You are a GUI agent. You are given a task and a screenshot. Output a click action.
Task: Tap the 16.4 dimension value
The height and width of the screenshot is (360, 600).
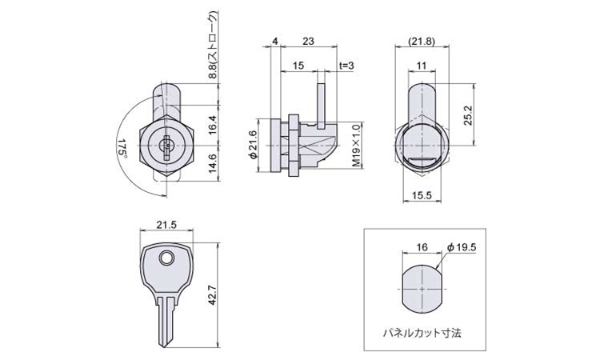pos(213,125)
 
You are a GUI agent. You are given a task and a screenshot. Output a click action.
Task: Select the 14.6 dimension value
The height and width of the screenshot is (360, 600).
pos(213,164)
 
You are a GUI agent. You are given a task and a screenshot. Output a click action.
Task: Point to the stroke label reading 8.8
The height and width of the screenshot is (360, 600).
pos(213,70)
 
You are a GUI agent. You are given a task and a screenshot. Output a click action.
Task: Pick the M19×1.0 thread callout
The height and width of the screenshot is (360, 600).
pos(356,146)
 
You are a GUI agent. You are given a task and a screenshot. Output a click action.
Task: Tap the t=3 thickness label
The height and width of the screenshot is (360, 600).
pos(346,66)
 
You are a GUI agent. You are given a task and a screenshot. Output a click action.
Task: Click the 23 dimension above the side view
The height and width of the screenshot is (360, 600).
pos(308,41)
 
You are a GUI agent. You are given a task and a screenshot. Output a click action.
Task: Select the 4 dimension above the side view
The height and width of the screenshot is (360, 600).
pos(275,41)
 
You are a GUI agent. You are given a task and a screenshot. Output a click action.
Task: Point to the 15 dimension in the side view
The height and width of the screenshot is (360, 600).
pos(298,66)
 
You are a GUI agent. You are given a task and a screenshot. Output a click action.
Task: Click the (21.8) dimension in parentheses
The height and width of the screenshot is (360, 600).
pos(422,42)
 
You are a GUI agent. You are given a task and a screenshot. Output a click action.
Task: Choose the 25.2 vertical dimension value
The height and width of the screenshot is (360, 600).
pos(468,115)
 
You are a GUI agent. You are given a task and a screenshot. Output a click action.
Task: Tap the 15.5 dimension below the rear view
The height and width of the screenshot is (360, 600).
pos(422,195)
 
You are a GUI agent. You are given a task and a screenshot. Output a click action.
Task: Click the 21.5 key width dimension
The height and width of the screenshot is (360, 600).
pos(166,225)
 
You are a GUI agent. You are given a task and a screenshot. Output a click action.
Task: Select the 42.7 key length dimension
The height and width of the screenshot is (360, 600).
pos(213,295)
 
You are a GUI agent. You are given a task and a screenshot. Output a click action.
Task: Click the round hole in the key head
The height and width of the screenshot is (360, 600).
pos(166,258)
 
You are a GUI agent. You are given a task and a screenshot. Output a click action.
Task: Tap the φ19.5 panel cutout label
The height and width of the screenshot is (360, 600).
pos(462,247)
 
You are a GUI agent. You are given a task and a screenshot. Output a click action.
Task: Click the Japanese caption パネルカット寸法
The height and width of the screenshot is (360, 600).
pos(422,333)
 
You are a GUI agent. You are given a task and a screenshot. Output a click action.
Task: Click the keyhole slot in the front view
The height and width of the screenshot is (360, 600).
pos(167,147)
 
